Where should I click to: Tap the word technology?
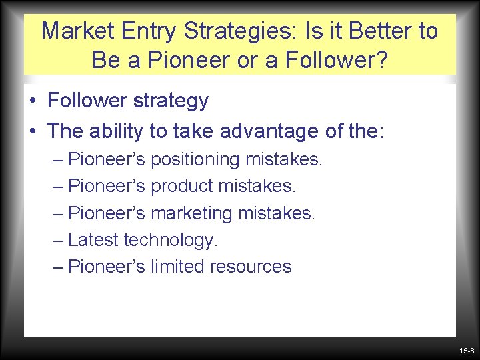(171, 240)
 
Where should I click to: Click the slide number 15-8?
(466, 351)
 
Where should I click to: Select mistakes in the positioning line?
(284, 160)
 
